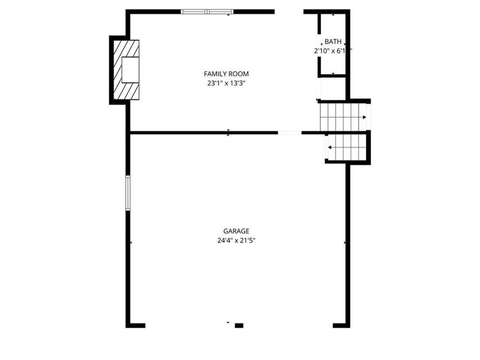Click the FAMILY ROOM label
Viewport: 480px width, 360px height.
(x=226, y=74)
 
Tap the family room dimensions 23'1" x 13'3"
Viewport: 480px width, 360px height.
(x=226, y=83)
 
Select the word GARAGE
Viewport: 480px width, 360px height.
(x=236, y=231)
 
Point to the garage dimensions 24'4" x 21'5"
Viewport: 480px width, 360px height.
(x=236, y=241)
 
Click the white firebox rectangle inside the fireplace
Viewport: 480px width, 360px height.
(x=130, y=69)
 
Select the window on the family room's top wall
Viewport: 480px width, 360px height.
(x=207, y=11)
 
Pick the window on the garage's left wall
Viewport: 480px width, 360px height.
(x=128, y=192)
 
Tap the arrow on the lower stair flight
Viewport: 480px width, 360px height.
(x=330, y=147)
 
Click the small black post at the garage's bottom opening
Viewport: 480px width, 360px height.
(x=239, y=325)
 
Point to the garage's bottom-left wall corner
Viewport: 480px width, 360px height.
(x=129, y=325)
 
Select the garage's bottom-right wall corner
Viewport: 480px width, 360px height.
(x=348, y=325)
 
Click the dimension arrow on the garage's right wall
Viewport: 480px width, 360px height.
(x=345, y=243)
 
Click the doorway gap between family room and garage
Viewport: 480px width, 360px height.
(x=290, y=132)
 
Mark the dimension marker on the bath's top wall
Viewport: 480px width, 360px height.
(x=333, y=15)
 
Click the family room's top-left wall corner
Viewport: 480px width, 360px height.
(x=129, y=12)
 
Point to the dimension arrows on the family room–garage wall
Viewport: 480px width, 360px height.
(x=228, y=132)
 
